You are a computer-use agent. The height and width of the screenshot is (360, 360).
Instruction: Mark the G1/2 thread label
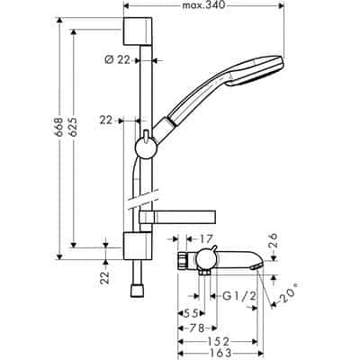click(x=230, y=295)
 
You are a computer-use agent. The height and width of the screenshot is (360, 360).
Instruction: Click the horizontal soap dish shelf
click(x=189, y=216)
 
